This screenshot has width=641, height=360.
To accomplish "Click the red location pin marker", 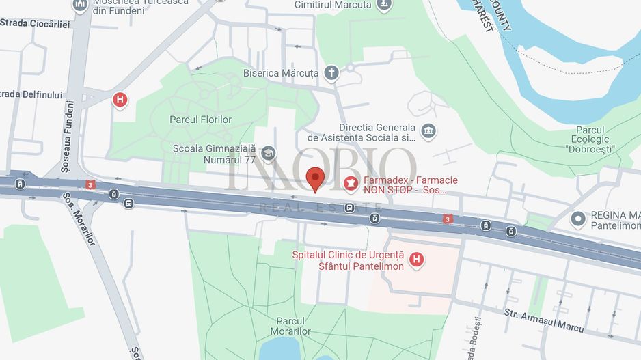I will pyautogui.click(x=314, y=179).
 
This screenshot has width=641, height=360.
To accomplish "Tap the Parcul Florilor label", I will pyautogui.click(x=200, y=120).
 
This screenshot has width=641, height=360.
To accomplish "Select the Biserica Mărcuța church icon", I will pyautogui.click(x=331, y=73).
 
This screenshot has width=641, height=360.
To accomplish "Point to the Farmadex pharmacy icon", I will pyautogui.click(x=351, y=184).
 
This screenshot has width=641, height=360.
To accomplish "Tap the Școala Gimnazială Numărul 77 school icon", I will pyautogui.click(x=269, y=153).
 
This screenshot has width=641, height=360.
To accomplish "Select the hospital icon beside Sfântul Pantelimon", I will pyautogui.click(x=416, y=260).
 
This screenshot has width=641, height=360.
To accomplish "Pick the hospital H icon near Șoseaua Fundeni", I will pyautogui.click(x=120, y=100).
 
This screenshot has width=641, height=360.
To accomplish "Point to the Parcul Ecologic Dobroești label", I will pyautogui.click(x=592, y=139).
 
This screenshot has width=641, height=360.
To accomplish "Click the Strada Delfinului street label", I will pyautogui.click(x=31, y=94).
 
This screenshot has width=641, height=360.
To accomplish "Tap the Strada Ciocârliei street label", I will pyautogui.click(x=35, y=23).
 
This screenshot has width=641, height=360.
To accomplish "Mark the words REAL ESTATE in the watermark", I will pyautogui.click(x=320, y=206).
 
